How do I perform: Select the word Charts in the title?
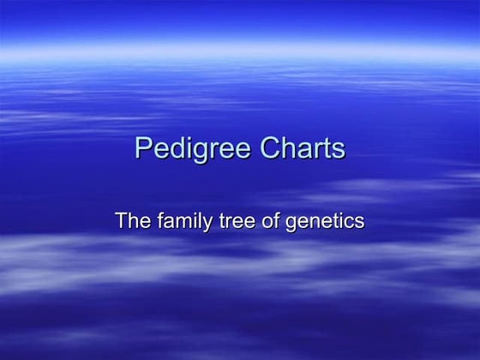point(297,148)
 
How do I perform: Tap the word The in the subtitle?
point(132,220)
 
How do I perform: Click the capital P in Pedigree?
point(142,148)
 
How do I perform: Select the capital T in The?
point(122,220)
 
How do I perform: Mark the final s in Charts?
point(339,150)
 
